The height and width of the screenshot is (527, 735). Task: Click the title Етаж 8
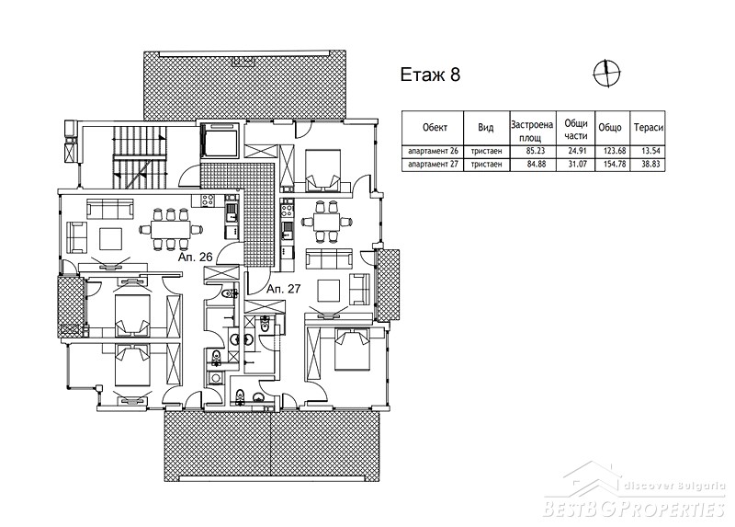pyautogui.click(x=430, y=74)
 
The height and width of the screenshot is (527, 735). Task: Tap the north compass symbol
pyautogui.click(x=606, y=74)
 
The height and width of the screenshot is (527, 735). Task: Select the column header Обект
pyautogui.click(x=435, y=127)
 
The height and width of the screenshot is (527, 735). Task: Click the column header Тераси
pyautogui.click(x=649, y=127)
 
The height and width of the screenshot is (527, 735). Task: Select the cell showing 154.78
pyautogui.click(x=612, y=165)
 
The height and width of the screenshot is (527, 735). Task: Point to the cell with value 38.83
pyautogui.click(x=650, y=165)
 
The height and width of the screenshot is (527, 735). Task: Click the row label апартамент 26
pyautogui.click(x=433, y=151)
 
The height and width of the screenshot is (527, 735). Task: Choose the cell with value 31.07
pyautogui.click(x=577, y=165)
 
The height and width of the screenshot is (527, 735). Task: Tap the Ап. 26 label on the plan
pyautogui.click(x=196, y=257)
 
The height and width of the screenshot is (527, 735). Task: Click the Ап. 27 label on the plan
pyautogui.click(x=283, y=289)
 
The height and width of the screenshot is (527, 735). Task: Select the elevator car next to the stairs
pyautogui.click(x=220, y=140)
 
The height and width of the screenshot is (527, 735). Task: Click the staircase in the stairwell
pyautogui.click(x=140, y=157)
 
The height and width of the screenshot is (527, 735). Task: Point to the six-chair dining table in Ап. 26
pyautogui.click(x=171, y=229)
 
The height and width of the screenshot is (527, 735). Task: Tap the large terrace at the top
pyautogui.click(x=244, y=85)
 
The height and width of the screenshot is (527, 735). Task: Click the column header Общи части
pyautogui.click(x=576, y=129)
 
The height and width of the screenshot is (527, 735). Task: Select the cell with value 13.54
pyautogui.click(x=650, y=151)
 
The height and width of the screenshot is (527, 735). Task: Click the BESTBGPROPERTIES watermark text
pyautogui.click(x=634, y=510)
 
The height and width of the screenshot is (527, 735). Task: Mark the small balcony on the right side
pyautogui.click(x=389, y=285)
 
